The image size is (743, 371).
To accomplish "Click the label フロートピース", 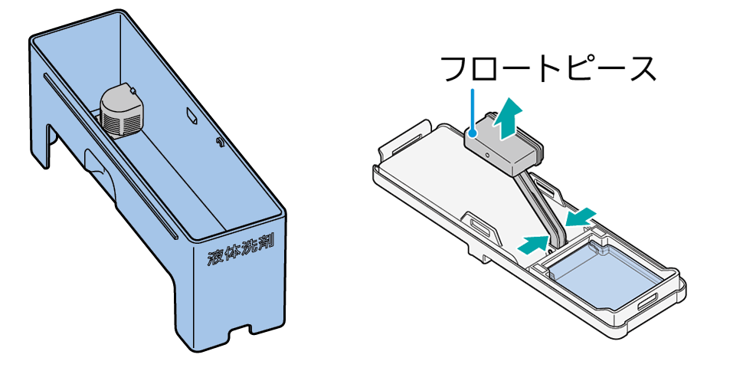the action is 548,69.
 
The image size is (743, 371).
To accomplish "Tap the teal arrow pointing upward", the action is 508,119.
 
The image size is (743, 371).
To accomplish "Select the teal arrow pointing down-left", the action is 581,217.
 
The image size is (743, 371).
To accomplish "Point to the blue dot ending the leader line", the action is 473,134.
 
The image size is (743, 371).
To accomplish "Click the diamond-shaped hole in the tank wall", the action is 192,116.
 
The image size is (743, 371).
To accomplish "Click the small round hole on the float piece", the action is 486,155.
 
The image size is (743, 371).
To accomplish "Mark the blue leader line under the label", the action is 473,110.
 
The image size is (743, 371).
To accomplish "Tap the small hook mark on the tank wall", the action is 219,141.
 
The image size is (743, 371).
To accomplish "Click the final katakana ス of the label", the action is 644,71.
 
